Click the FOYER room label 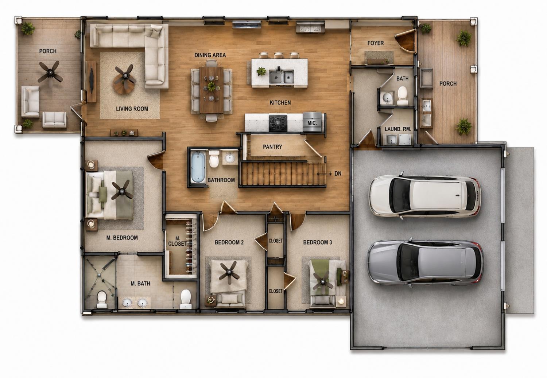click(x=376, y=43)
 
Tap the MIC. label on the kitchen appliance click(x=312, y=123)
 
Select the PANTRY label click(x=272, y=147)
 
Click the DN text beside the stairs click(x=338, y=174)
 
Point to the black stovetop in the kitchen click(x=278, y=123)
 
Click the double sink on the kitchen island click(x=282, y=77)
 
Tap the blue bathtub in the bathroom click(x=198, y=167)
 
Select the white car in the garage click(x=424, y=196)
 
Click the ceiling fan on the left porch click(x=50, y=72)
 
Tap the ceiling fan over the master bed click(x=122, y=190)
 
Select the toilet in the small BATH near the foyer click(x=403, y=96)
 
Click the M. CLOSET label click(x=178, y=241)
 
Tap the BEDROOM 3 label click(x=318, y=242)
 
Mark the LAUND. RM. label click(x=398, y=129)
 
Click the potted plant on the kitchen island click(x=261, y=71)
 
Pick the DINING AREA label click(x=210, y=55)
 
